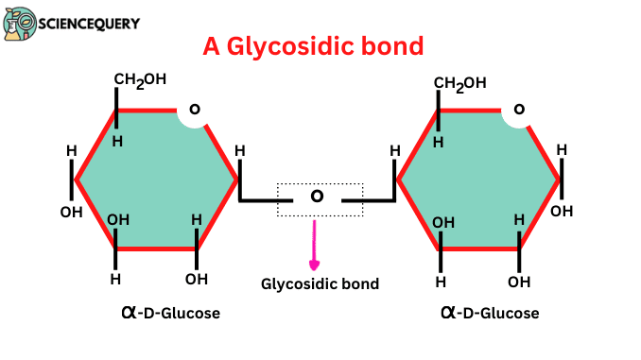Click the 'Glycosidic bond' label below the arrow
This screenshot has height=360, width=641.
320,283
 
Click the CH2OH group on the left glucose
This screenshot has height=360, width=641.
141,81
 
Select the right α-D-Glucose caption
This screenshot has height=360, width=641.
490,311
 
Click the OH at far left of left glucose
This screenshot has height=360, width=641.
71,212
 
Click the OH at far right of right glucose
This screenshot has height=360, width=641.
562,211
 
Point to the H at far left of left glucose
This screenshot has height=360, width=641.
71,151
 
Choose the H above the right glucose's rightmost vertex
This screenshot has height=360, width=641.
562,149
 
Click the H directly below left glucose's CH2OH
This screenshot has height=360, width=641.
117,141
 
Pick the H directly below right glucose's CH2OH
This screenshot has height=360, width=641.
438,142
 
